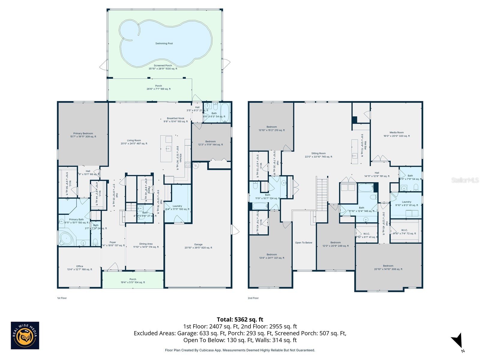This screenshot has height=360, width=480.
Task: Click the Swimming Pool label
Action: coord(164,43)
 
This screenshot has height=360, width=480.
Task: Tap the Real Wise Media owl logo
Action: coord(25,335)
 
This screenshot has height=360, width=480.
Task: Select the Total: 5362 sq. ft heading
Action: coord(240,319)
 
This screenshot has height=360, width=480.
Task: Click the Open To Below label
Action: coord(304,243)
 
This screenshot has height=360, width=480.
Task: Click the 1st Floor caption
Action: coord(62,298)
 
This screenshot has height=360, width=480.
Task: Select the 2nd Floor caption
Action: coord(253,298)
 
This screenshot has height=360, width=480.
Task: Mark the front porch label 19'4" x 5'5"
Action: coord(133,281)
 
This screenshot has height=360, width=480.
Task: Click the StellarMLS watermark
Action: coord(465,180)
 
